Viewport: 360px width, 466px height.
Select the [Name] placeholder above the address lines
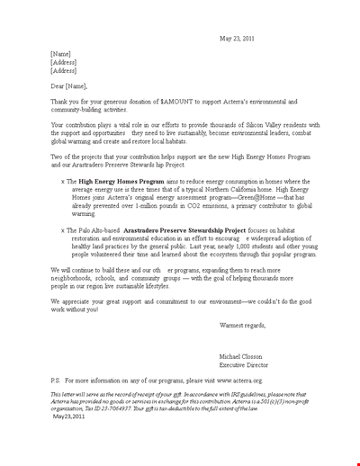pyautogui.click(x=63, y=53)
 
